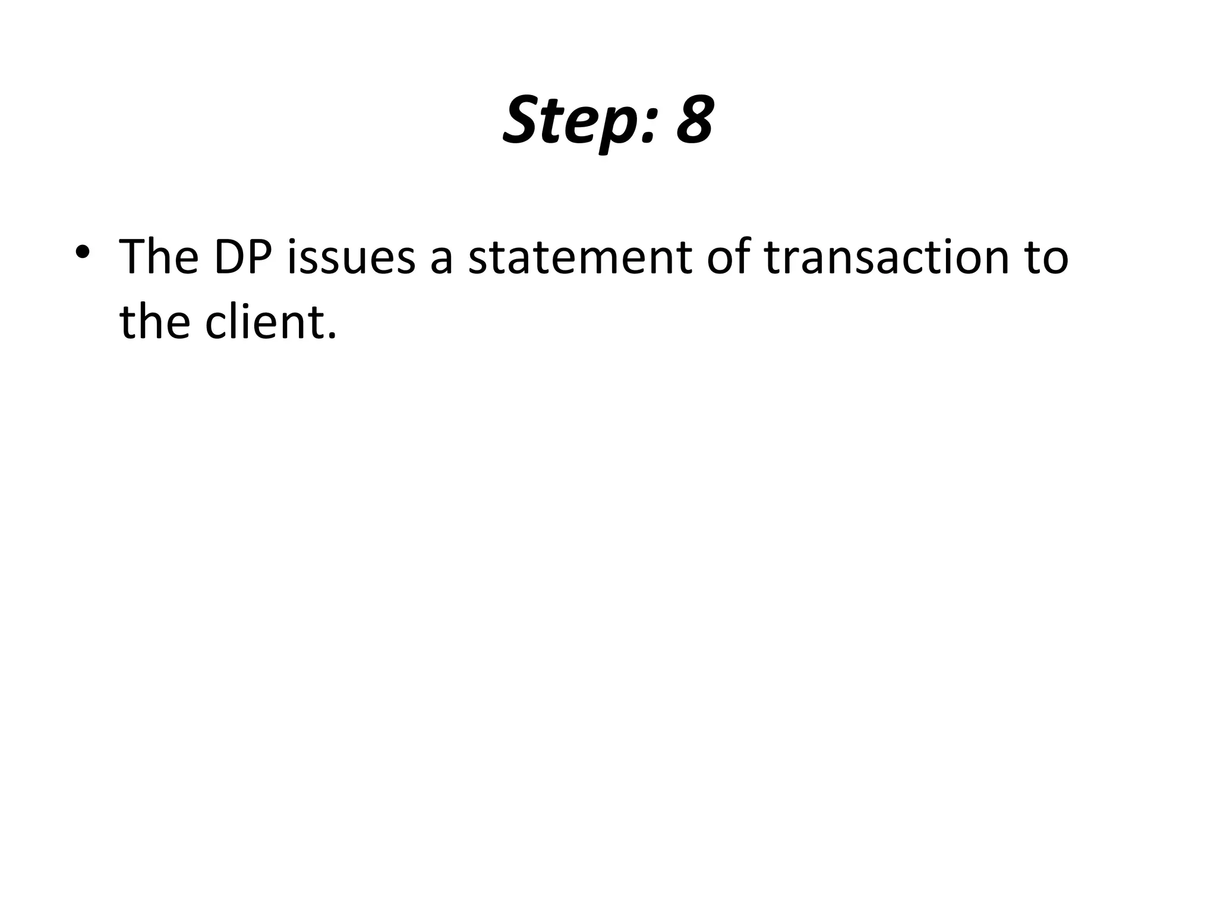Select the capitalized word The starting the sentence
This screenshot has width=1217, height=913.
pyautogui.click(x=159, y=257)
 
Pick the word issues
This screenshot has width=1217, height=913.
pyautogui.click(x=351, y=257)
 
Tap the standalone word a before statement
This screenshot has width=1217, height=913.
pyautogui.click(x=442, y=262)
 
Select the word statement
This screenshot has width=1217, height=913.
pyautogui.click(x=579, y=257)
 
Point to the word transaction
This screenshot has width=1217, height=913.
pyautogui.click(x=886, y=257)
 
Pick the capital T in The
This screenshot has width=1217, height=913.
pyautogui.click(x=133, y=257)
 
